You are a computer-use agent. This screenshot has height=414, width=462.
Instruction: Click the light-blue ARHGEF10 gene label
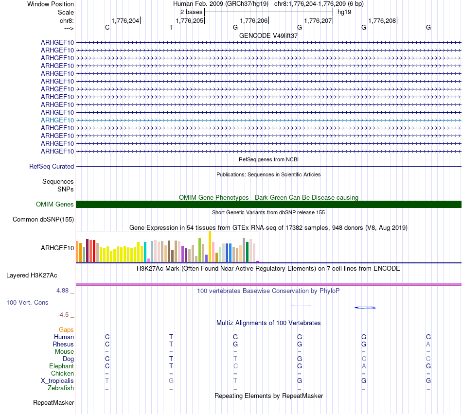57,120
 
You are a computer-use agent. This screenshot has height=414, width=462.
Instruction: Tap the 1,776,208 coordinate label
382,20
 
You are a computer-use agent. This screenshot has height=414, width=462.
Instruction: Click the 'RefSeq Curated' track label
52,166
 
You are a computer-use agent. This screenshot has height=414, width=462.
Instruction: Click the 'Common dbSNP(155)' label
43,219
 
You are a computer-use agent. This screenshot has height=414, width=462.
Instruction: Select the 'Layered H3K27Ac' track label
32,275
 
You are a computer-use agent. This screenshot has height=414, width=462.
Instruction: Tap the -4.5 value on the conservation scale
64,314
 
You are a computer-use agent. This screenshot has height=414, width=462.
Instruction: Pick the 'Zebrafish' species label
61,388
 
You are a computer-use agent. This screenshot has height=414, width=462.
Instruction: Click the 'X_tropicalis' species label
57,381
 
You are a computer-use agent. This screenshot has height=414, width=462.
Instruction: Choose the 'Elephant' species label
61,366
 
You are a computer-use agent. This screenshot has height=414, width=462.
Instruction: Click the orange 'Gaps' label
66,330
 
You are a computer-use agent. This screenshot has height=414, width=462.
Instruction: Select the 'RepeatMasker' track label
53,402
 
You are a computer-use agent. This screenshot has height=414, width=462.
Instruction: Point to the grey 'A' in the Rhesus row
428,345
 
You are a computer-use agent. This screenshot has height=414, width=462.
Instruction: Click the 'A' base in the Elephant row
364,366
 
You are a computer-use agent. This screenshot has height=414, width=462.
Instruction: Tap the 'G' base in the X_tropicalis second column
171,381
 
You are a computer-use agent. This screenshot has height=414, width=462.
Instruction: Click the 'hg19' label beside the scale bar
344,12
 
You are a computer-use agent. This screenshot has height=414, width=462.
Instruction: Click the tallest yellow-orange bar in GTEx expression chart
210,246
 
